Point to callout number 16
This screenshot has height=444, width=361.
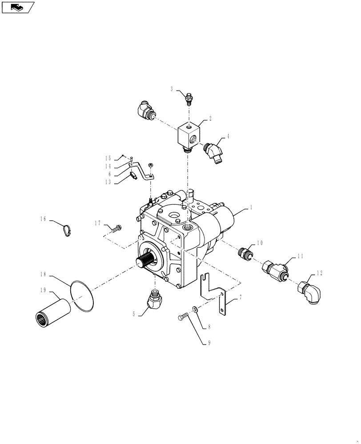(43, 219)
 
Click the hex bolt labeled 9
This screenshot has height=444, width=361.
(183, 317)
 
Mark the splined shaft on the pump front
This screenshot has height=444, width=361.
(145, 262)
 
